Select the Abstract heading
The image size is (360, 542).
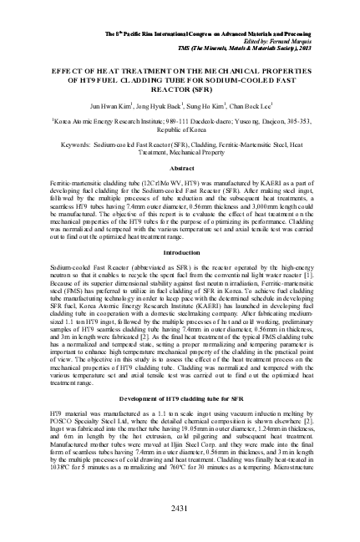[x=181, y=168]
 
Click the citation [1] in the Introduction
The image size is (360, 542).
[x=308, y=273]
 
